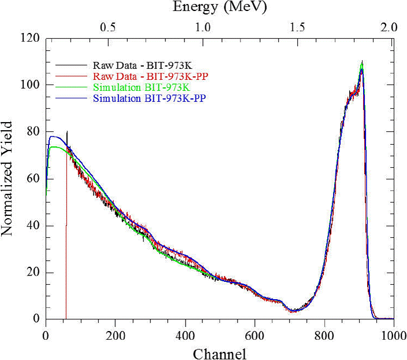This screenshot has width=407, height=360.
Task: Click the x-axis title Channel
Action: click(x=220, y=352)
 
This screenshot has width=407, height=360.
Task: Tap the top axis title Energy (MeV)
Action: click(x=220, y=8)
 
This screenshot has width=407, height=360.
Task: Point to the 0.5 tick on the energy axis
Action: click(x=109, y=27)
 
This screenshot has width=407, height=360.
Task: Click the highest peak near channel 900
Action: click(x=362, y=63)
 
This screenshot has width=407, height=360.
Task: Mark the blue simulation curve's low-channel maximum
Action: click(x=53, y=137)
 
